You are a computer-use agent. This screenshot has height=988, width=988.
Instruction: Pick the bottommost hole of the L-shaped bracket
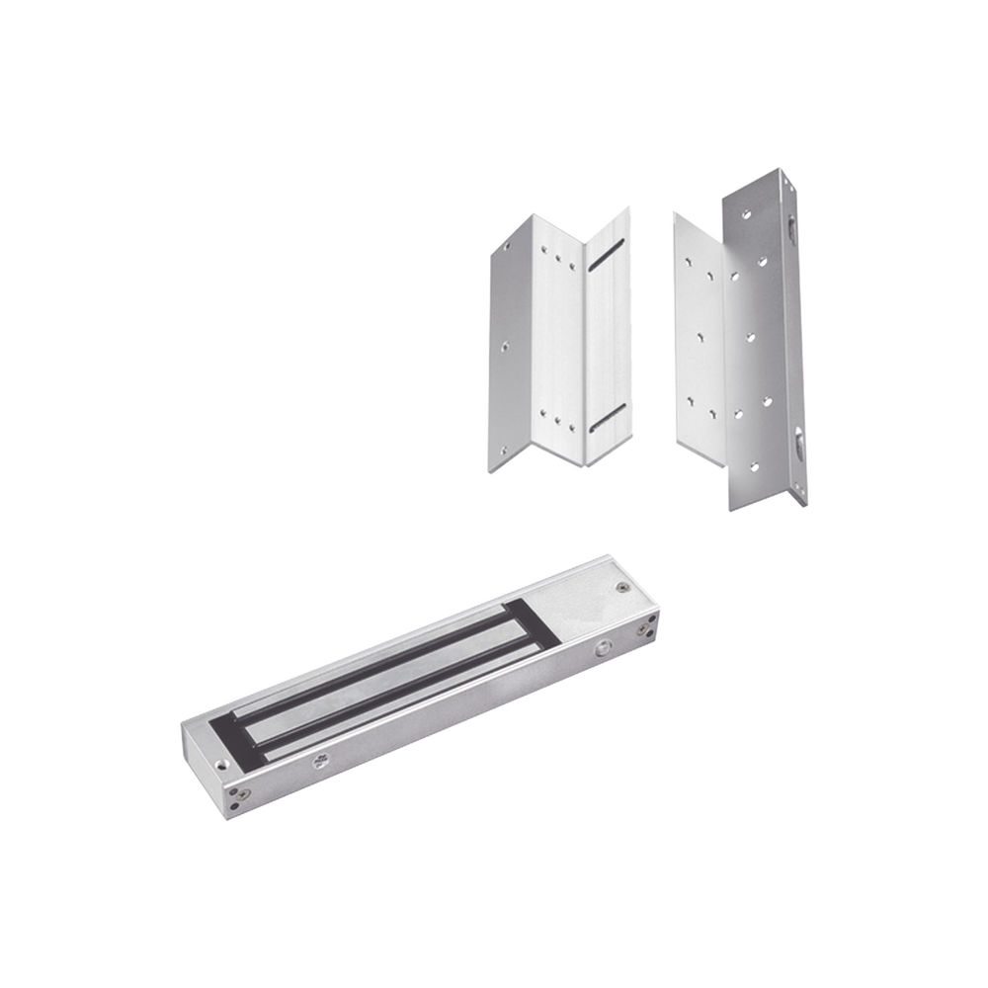[x=755, y=465]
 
